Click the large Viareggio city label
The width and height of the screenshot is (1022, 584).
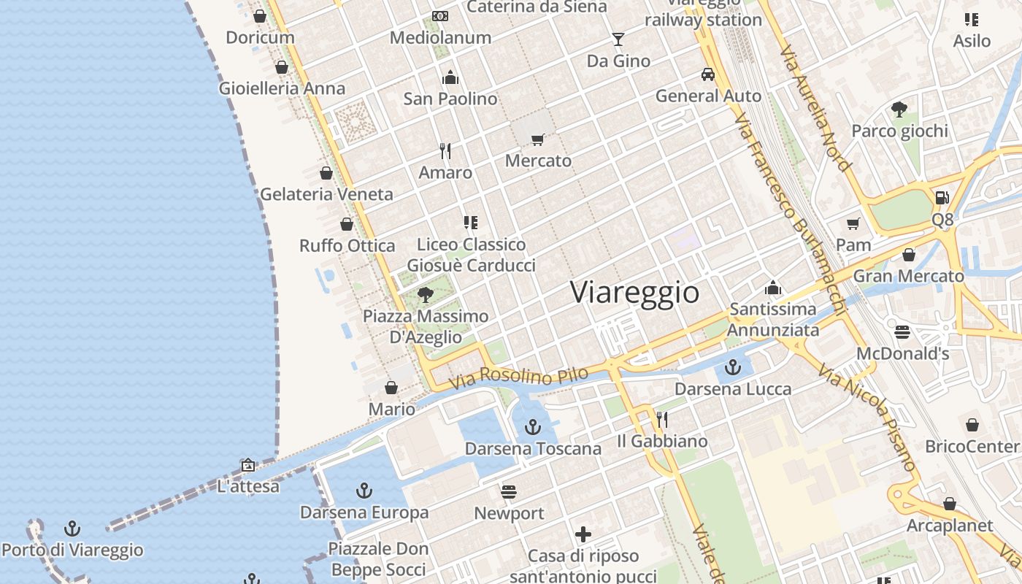pyautogui.click(x=634, y=293)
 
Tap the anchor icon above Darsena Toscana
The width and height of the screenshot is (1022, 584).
pyautogui.click(x=533, y=426)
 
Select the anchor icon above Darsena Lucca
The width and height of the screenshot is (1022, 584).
pyautogui.click(x=733, y=367)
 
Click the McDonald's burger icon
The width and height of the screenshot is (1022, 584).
pyautogui.click(x=902, y=332)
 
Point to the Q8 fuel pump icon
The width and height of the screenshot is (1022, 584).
pyautogui.click(x=942, y=197)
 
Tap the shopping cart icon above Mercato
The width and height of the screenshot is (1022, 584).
pyautogui.click(x=538, y=139)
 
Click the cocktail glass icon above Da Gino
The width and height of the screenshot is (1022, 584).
pyautogui.click(x=618, y=39)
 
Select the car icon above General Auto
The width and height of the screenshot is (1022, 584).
pyautogui.click(x=707, y=74)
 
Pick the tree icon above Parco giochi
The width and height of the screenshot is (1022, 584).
pyautogui.click(x=899, y=109)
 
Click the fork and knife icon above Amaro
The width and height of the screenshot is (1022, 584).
pyautogui.click(x=445, y=151)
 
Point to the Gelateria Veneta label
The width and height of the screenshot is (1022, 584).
pyautogui.click(x=326, y=195)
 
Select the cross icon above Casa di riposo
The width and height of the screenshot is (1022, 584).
pyautogui.click(x=583, y=534)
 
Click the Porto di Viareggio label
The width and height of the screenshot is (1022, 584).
pyautogui.click(x=72, y=550)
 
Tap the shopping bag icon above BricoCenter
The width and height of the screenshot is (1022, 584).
pyautogui.click(x=972, y=425)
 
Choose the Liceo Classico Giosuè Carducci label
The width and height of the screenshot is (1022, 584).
pyautogui.click(x=471, y=255)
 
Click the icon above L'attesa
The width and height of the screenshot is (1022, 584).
pyautogui.click(x=248, y=464)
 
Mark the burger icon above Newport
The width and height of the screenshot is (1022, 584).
pyautogui.click(x=509, y=491)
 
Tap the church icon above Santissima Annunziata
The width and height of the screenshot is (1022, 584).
pyautogui.click(x=772, y=288)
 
